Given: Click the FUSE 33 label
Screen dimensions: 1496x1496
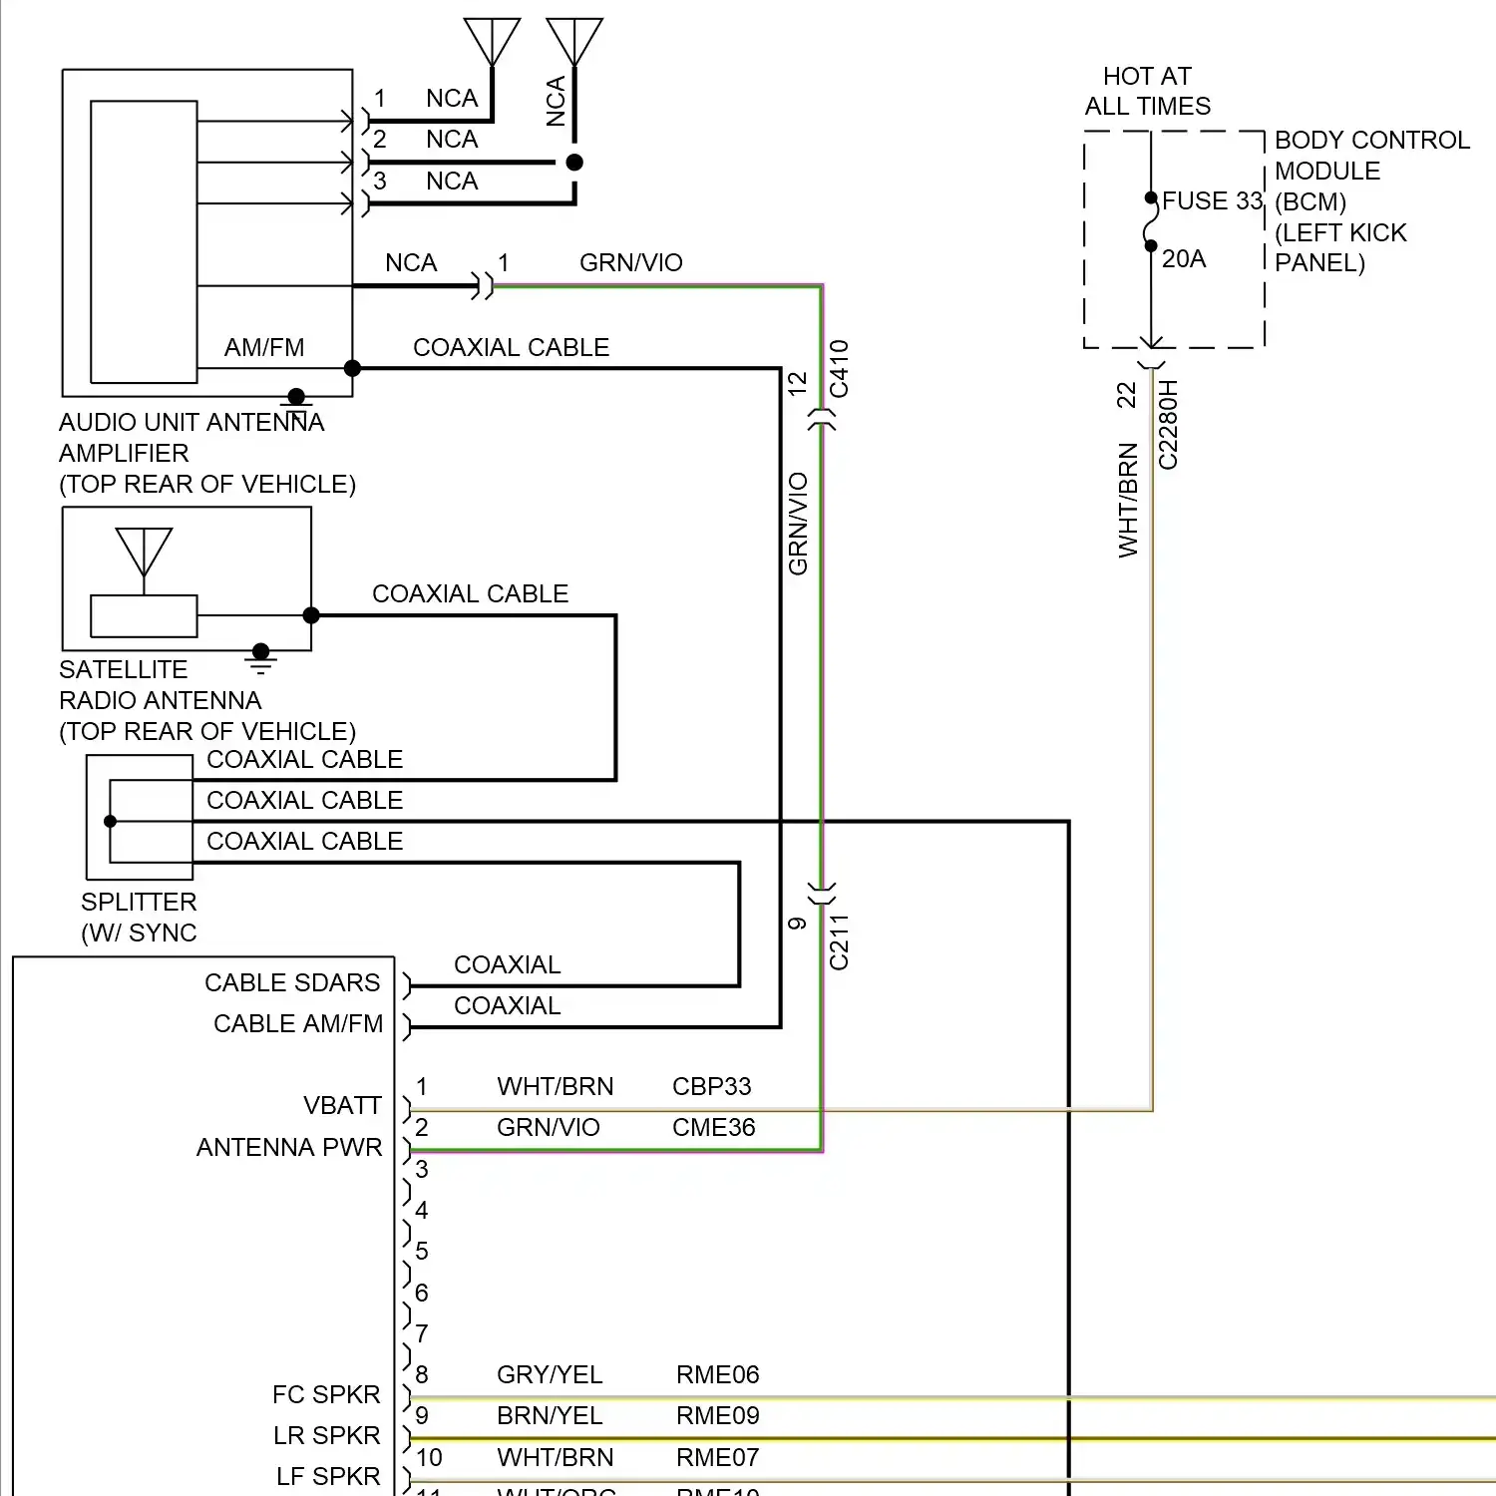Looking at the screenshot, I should tap(1212, 200).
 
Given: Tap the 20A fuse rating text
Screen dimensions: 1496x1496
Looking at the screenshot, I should tap(1184, 259).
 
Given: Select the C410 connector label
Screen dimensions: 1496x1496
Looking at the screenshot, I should tap(839, 369).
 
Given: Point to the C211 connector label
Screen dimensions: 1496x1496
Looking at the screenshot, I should tap(839, 941).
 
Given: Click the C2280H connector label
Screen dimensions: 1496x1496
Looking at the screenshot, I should tap(1168, 425).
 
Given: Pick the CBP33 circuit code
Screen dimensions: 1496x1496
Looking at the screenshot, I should tap(711, 1086).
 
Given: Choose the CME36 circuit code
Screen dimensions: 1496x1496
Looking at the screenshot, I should tap(713, 1127).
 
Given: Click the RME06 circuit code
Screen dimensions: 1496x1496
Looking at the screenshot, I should tap(717, 1374).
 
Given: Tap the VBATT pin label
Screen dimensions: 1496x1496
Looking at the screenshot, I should tap(342, 1105).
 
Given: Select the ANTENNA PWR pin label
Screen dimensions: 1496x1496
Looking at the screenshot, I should tap(289, 1147).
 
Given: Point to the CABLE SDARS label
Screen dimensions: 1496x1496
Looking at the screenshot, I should tap(292, 982).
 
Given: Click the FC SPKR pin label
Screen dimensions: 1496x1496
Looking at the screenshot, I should tap(326, 1394).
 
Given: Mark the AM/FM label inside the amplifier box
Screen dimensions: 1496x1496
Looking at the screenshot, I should tap(264, 347).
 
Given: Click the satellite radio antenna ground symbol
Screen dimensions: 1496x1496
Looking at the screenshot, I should tap(260, 657).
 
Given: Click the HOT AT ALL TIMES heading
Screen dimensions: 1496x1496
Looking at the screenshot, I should tap(1148, 91).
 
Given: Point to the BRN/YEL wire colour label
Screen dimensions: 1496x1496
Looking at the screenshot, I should tap(550, 1415).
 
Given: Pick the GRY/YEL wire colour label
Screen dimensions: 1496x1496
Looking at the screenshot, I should tap(550, 1374).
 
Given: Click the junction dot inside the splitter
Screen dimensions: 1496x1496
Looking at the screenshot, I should tap(111, 822).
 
